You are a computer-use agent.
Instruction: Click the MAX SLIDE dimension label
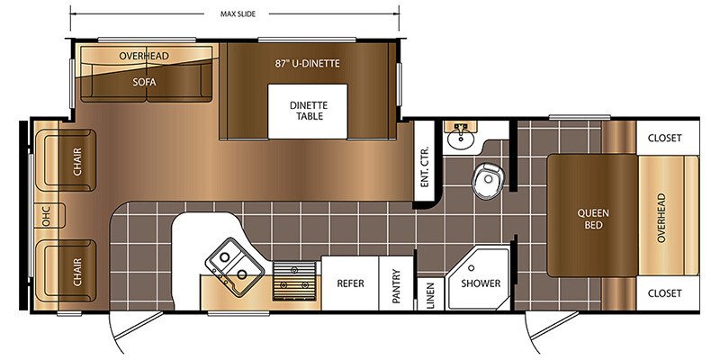[238, 13]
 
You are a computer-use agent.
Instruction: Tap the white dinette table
[308, 111]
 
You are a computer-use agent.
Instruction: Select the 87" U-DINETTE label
[308, 63]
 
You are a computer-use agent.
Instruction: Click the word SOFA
[145, 82]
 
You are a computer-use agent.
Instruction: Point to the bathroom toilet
[489, 181]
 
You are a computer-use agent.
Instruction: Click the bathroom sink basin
[461, 138]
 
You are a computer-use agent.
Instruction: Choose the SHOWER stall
[479, 279]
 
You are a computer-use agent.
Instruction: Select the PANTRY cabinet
[396, 283]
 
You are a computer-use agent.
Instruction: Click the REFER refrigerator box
[350, 283]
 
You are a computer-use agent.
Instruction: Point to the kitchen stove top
[294, 281]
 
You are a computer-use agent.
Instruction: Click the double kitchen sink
[234, 266]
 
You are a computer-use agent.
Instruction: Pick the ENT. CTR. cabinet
[424, 162]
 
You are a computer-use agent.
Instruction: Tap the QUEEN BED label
[593, 219]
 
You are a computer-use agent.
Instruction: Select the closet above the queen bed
[668, 138]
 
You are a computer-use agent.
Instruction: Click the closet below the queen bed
[668, 293]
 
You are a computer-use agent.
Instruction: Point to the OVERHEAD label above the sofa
[144, 56]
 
